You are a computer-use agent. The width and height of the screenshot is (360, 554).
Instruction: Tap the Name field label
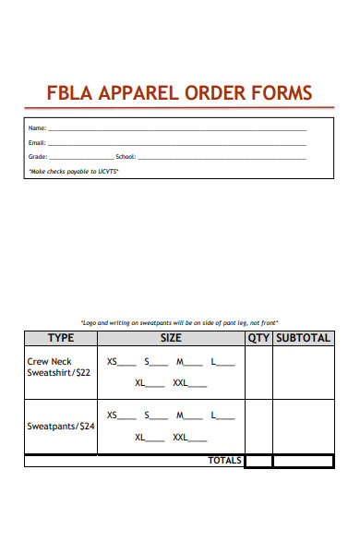point(37,128)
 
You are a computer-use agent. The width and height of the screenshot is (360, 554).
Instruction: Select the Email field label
point(37,143)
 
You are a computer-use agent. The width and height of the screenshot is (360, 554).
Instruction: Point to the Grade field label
point(38,157)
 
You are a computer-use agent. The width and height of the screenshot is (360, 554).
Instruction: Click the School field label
point(125,157)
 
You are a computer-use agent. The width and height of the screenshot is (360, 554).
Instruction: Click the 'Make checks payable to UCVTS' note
point(74,171)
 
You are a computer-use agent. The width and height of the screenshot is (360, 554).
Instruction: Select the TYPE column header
point(61,338)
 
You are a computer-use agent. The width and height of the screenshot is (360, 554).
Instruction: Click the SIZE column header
point(171,338)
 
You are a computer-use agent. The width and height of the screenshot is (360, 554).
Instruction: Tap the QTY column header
point(258,338)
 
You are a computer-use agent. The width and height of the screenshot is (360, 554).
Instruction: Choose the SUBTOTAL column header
point(303,338)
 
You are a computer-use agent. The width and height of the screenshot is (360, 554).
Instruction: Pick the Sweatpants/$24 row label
point(62,427)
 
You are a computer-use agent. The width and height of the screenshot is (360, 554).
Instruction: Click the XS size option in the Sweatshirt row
point(113,362)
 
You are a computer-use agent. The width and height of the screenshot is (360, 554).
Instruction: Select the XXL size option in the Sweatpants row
point(180,437)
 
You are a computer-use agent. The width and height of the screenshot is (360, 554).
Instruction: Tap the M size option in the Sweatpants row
point(181,415)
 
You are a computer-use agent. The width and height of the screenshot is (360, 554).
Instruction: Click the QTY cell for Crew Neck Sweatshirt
point(258,373)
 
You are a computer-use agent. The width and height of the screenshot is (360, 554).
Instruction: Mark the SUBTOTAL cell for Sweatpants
point(303,427)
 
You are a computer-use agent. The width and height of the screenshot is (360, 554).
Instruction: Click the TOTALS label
point(224,460)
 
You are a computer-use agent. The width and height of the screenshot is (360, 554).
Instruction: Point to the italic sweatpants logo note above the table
point(180,322)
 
